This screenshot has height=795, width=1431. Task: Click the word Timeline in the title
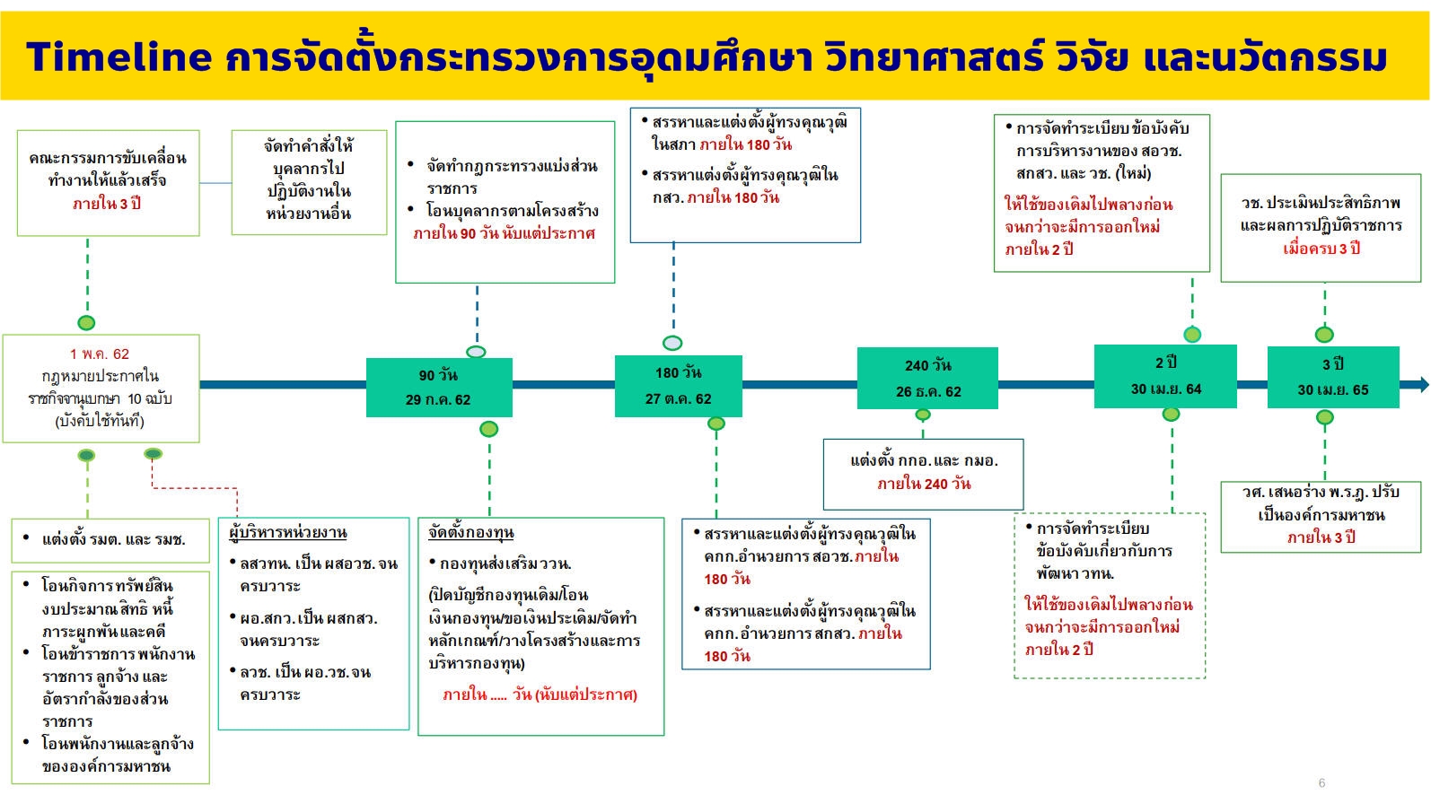[x=119, y=57]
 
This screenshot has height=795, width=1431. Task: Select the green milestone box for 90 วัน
[x=439, y=387]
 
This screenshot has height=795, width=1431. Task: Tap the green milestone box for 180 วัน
[x=678, y=386]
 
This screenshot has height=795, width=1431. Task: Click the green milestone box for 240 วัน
[x=927, y=378]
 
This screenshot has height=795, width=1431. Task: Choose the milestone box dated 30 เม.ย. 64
[x=1165, y=376]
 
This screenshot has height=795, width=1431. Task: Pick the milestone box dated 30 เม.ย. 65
[x=1333, y=377]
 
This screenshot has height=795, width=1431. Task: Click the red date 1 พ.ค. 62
[x=100, y=354]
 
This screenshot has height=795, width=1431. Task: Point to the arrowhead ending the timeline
[x=1423, y=384]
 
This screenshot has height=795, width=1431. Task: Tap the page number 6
[x=1321, y=782]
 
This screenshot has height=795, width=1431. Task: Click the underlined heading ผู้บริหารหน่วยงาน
[x=288, y=532]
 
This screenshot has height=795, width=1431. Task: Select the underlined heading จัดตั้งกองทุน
[x=470, y=532]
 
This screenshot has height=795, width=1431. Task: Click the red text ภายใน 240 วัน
[x=924, y=484]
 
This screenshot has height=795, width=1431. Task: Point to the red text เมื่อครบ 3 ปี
[x=1321, y=249]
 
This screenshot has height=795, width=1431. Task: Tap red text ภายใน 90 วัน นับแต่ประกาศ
[x=504, y=233]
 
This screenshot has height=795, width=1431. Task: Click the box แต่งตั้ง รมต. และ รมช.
[x=110, y=540]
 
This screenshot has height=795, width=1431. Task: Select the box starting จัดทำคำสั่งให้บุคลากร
[x=309, y=183]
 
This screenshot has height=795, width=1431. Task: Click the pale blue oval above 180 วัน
[x=672, y=343]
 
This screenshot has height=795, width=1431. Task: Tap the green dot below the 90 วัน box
[x=488, y=429]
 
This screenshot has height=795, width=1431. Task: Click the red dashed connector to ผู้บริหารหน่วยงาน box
[x=194, y=488]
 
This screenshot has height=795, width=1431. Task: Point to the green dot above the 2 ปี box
[x=1192, y=335]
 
